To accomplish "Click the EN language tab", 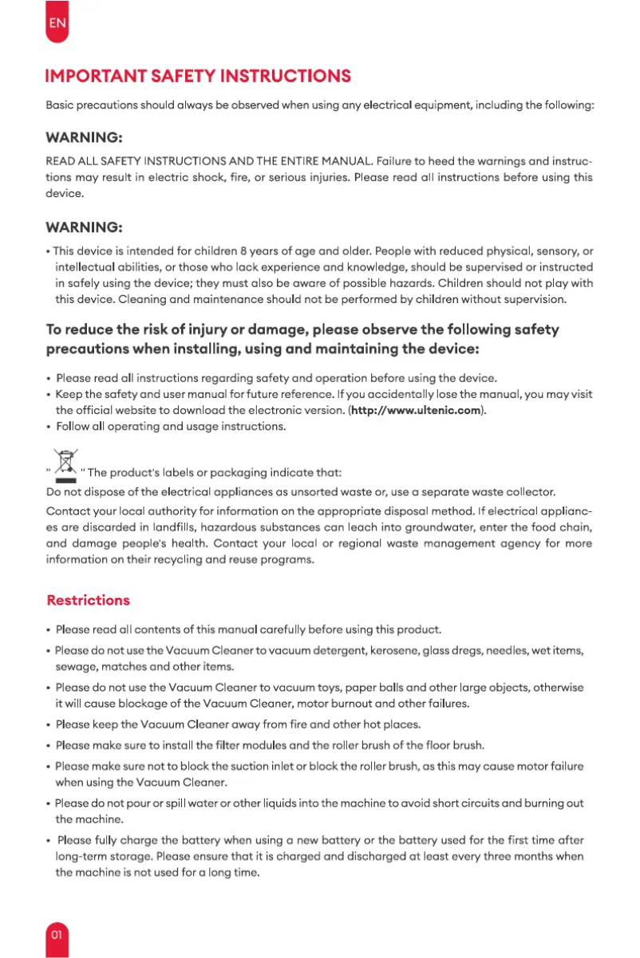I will [x=57, y=22].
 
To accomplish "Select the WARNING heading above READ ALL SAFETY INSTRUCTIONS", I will [x=84, y=139].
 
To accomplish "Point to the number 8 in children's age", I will [x=231, y=251].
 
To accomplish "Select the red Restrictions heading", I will [x=88, y=600].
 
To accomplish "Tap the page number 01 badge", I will [x=57, y=934].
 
